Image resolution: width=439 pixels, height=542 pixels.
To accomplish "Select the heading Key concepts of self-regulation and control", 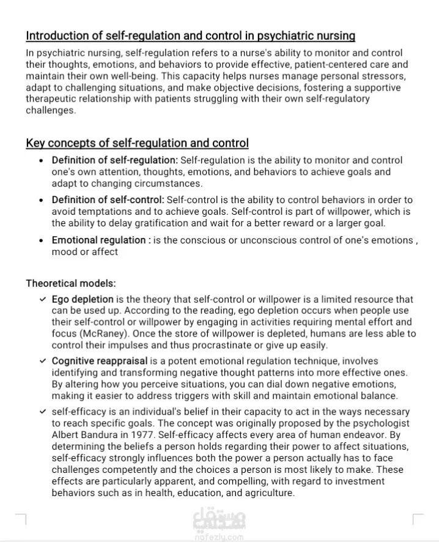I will pyautogui.click(x=137, y=143).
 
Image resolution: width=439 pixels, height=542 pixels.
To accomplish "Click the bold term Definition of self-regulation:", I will pyautogui.click(x=115, y=160).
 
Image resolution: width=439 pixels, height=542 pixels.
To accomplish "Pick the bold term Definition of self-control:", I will pyautogui.click(x=108, y=200).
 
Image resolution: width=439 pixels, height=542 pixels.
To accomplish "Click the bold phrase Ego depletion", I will pyautogui.click(x=83, y=300).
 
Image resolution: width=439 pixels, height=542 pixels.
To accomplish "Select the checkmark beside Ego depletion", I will pyautogui.click(x=42, y=300).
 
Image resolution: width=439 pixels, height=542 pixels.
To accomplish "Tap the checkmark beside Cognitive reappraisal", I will pyautogui.click(x=42, y=361).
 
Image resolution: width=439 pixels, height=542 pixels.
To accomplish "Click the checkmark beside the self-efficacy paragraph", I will pyautogui.click(x=42, y=412).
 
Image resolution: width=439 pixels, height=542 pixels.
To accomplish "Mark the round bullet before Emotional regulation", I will pyautogui.click(x=41, y=240).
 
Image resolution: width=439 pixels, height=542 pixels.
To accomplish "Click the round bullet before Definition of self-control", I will pyautogui.click(x=41, y=200).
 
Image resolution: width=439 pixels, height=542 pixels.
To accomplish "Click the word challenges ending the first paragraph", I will pyautogui.click(x=51, y=111).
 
